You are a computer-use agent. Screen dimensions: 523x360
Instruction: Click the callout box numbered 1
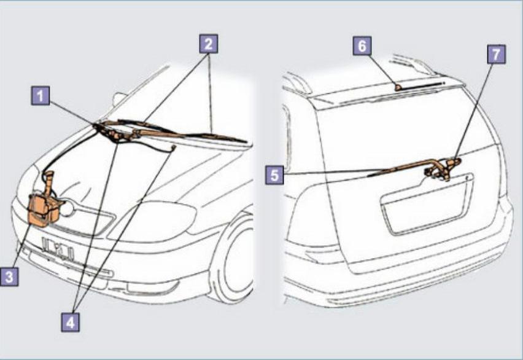click(41, 96)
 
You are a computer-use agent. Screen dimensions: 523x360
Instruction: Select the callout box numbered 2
click(209, 44)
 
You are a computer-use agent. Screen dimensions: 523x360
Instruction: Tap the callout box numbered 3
click(9, 276)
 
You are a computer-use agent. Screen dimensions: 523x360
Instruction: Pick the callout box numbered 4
click(71, 322)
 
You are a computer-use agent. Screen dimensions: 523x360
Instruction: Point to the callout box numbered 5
click(274, 175)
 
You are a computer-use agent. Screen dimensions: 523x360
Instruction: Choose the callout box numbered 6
click(362, 45)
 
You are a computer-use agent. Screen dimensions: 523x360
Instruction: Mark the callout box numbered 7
click(497, 54)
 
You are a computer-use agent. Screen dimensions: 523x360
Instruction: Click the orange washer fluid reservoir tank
click(44, 209)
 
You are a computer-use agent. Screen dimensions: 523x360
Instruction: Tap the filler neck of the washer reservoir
click(49, 182)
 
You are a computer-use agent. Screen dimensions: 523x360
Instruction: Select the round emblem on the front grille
click(67, 208)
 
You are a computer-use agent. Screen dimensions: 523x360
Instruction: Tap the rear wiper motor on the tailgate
click(442, 170)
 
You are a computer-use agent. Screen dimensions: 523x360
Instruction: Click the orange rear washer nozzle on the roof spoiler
click(398, 87)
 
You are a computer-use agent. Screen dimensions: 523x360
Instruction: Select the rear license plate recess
click(427, 203)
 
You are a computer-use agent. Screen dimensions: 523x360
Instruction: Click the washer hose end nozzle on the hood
click(172, 147)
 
